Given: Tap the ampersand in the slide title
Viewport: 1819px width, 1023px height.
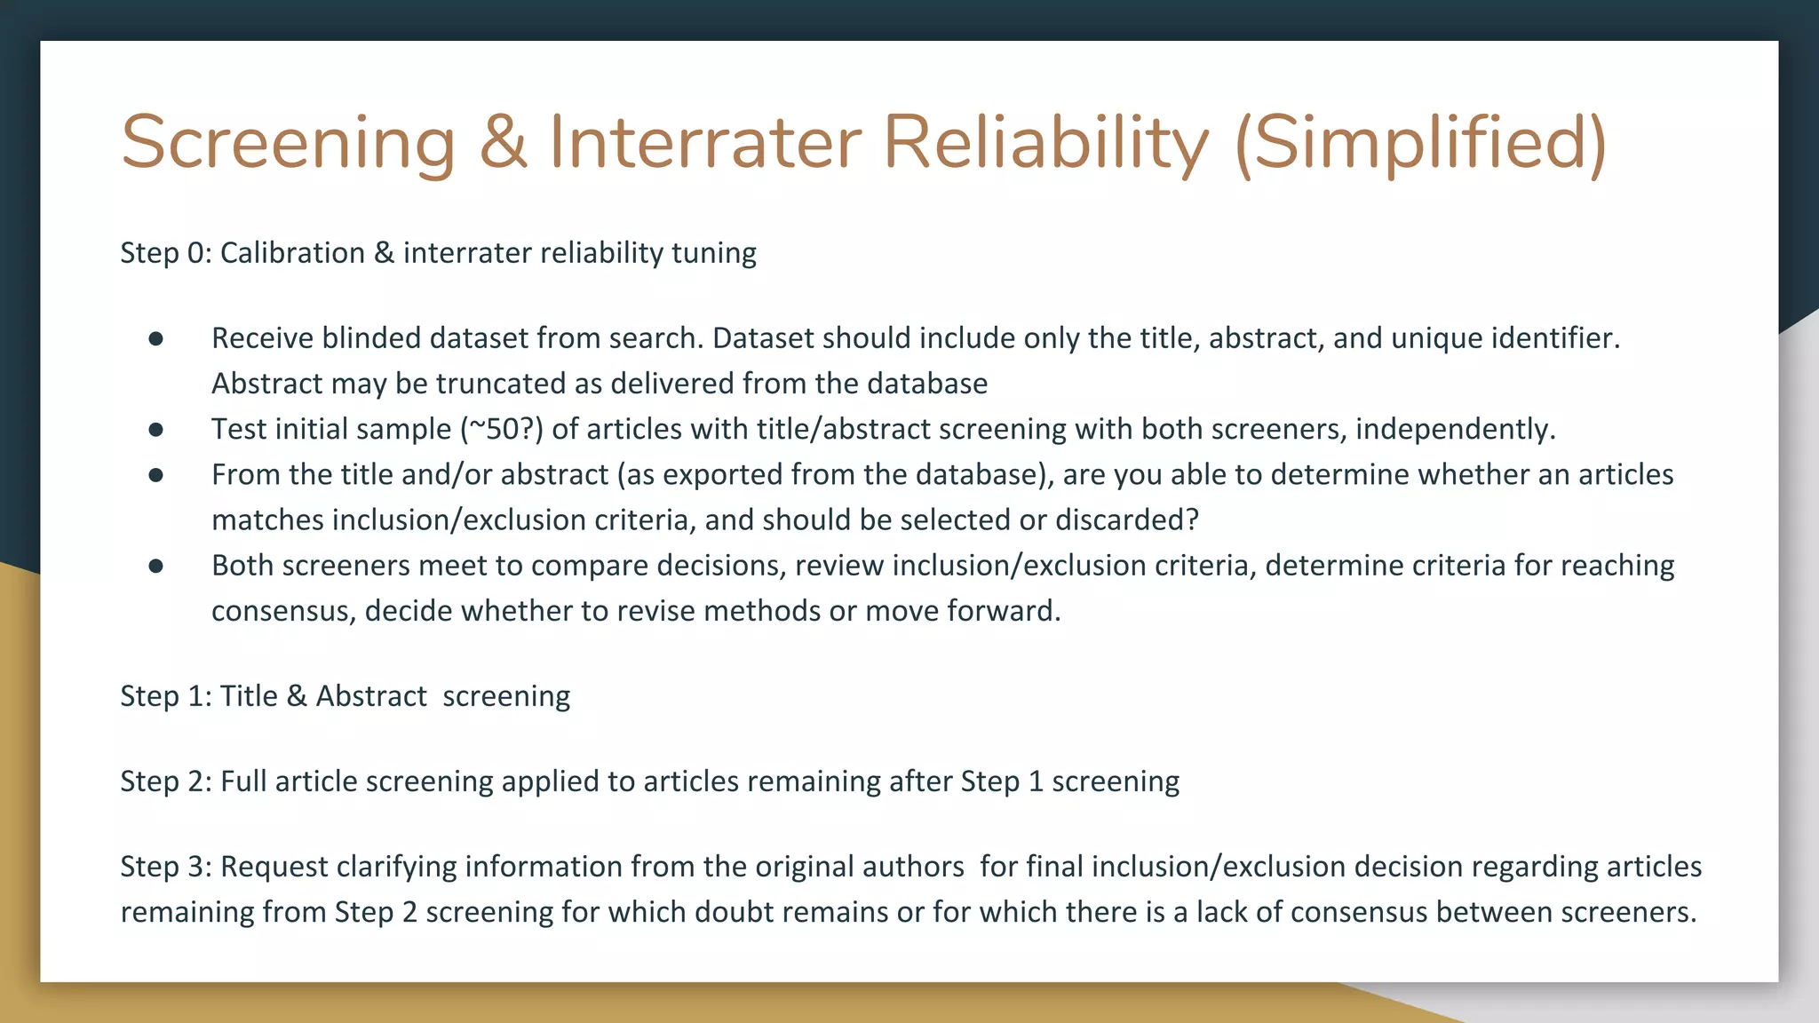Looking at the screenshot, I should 503,142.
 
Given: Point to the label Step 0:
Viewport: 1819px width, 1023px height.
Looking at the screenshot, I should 165,253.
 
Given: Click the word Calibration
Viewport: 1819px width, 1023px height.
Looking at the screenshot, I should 292,253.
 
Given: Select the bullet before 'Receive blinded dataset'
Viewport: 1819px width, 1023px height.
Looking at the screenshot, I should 156,338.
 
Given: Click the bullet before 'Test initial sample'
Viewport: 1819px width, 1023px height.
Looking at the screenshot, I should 156,429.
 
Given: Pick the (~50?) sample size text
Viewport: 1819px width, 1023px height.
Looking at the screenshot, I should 501,429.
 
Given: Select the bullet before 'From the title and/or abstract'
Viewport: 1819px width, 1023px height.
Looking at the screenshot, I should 156,475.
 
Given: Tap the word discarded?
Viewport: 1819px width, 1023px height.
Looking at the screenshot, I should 1126,520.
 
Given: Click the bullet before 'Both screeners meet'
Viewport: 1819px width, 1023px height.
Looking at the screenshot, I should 156,566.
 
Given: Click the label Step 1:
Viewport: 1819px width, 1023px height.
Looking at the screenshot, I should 165,696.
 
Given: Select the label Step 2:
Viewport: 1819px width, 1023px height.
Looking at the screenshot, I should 165,781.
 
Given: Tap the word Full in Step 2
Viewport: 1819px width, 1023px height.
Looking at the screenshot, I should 243,781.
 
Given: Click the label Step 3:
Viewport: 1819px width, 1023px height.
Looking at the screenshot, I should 165,867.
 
